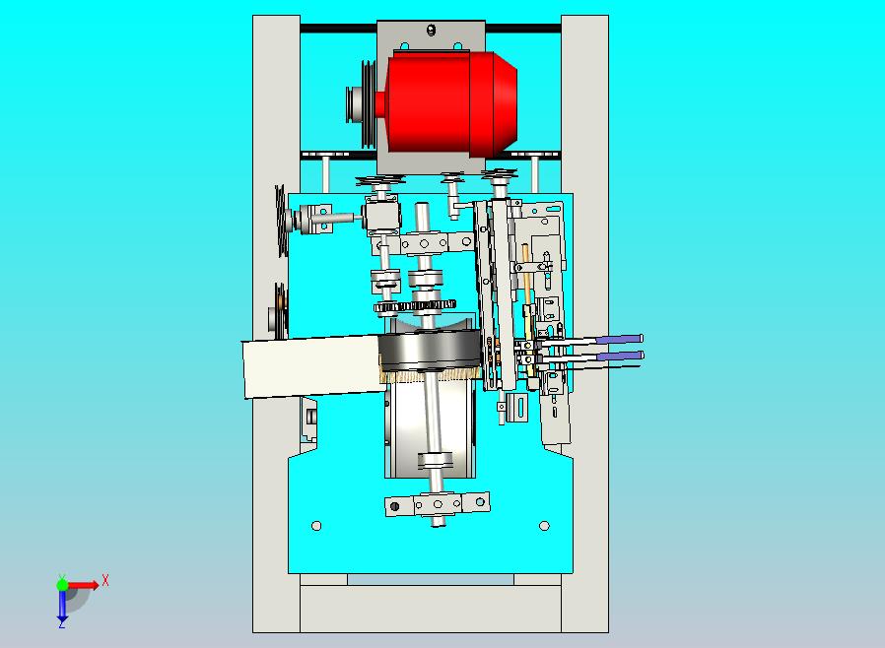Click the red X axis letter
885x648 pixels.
point(105,580)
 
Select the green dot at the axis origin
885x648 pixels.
point(62,584)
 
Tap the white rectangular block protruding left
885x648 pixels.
point(311,366)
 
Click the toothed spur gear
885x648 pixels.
point(415,306)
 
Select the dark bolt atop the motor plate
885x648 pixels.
point(432,30)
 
